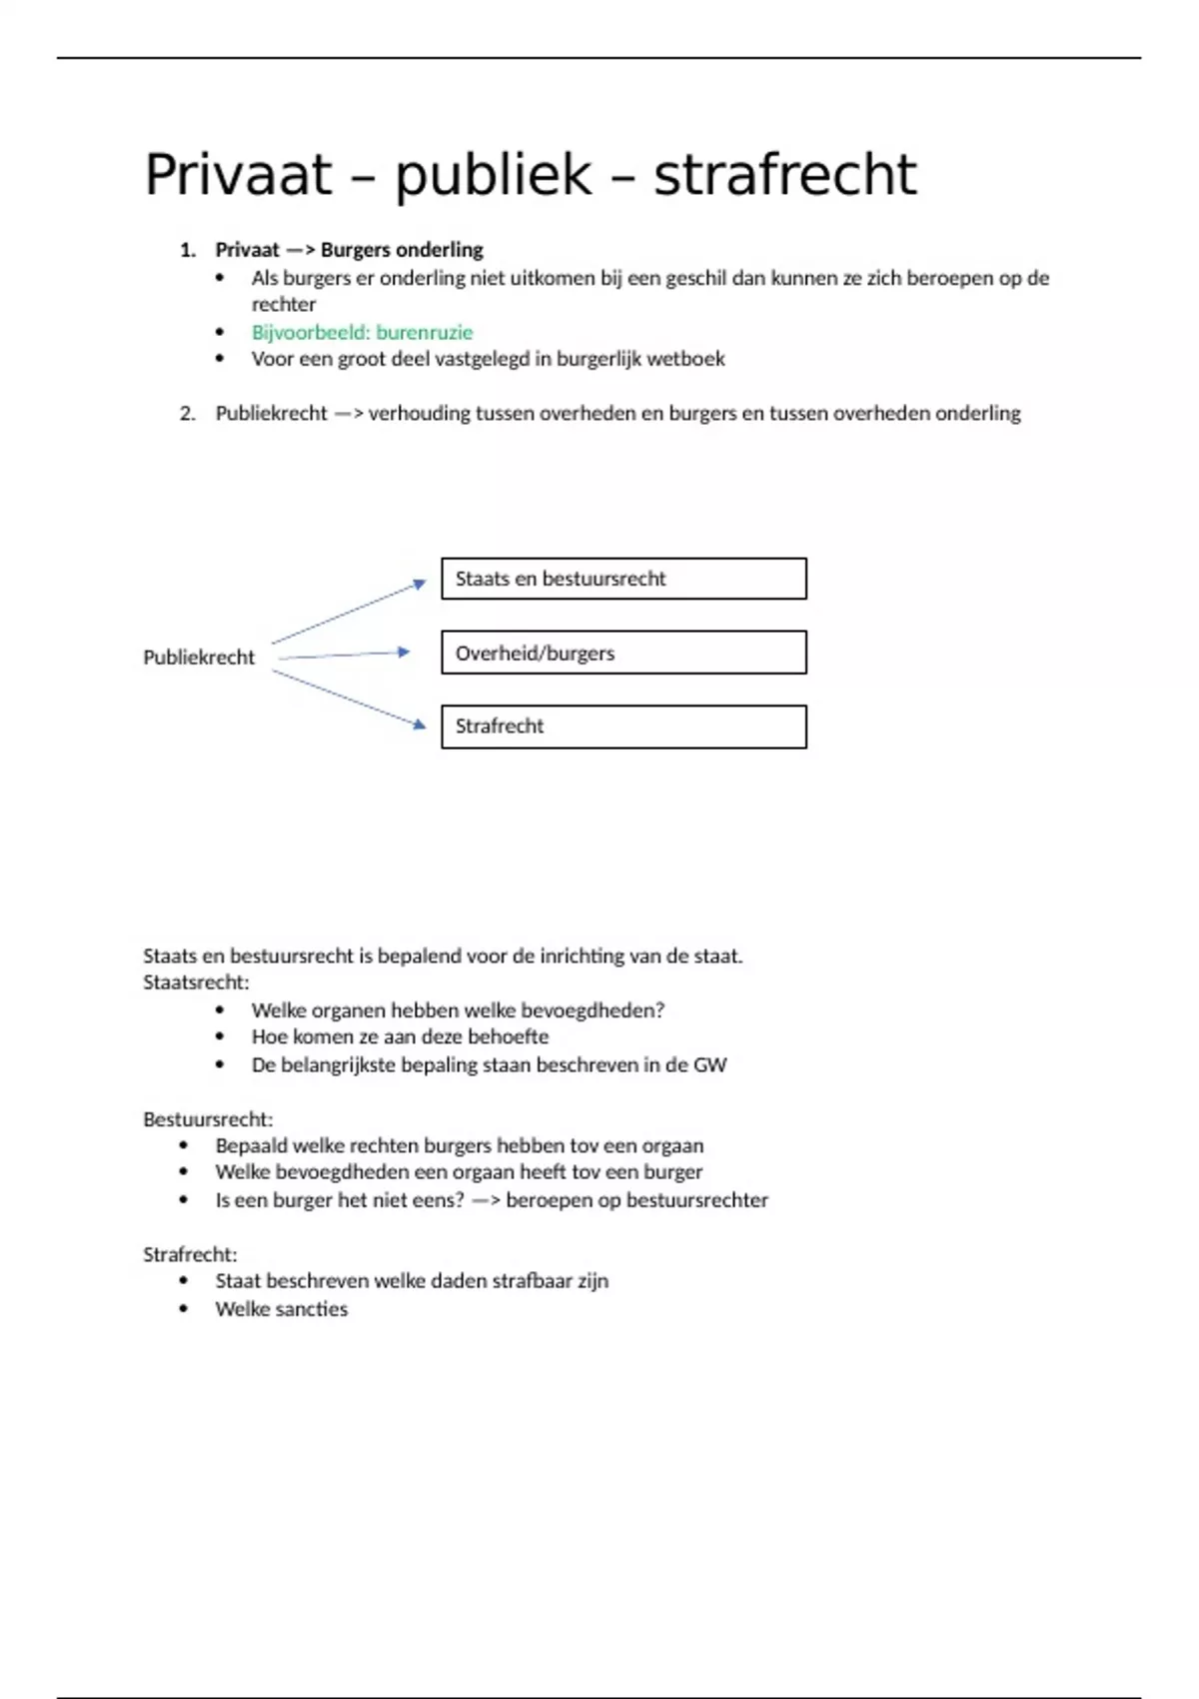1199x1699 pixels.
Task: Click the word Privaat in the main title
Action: pos(238,175)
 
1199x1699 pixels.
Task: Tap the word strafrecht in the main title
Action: pos(784,175)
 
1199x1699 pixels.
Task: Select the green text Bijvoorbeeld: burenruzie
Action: pos(362,332)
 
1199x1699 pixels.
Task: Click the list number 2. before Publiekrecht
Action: pos(188,414)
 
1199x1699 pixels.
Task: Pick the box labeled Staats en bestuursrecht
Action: pos(623,579)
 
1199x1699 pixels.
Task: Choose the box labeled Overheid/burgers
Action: pos(623,653)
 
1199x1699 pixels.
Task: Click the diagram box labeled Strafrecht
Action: pos(623,727)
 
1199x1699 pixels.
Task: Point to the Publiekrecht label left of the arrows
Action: pos(199,658)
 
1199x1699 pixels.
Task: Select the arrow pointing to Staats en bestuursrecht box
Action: pos(349,612)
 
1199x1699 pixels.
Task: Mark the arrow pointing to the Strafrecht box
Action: pos(349,698)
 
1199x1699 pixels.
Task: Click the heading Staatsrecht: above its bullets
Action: pos(196,982)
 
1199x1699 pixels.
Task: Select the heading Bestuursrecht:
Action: pos(208,1119)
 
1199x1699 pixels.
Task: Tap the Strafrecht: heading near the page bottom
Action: pos(190,1254)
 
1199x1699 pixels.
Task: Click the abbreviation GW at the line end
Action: pos(709,1065)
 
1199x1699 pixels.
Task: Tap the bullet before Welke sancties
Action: pos(184,1309)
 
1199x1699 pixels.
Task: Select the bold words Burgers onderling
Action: pos(402,250)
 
